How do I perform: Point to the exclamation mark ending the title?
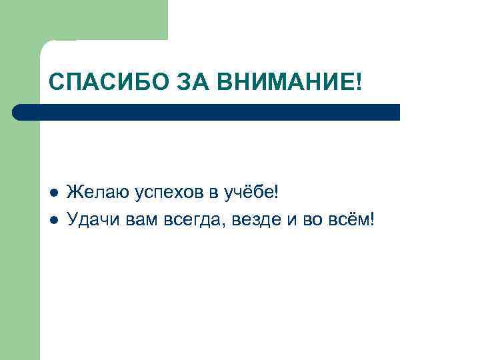coord(361,83)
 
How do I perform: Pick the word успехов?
coord(169,194)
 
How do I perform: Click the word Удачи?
coord(95,219)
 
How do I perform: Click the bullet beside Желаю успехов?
coord(55,193)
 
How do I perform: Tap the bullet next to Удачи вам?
coord(55,220)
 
